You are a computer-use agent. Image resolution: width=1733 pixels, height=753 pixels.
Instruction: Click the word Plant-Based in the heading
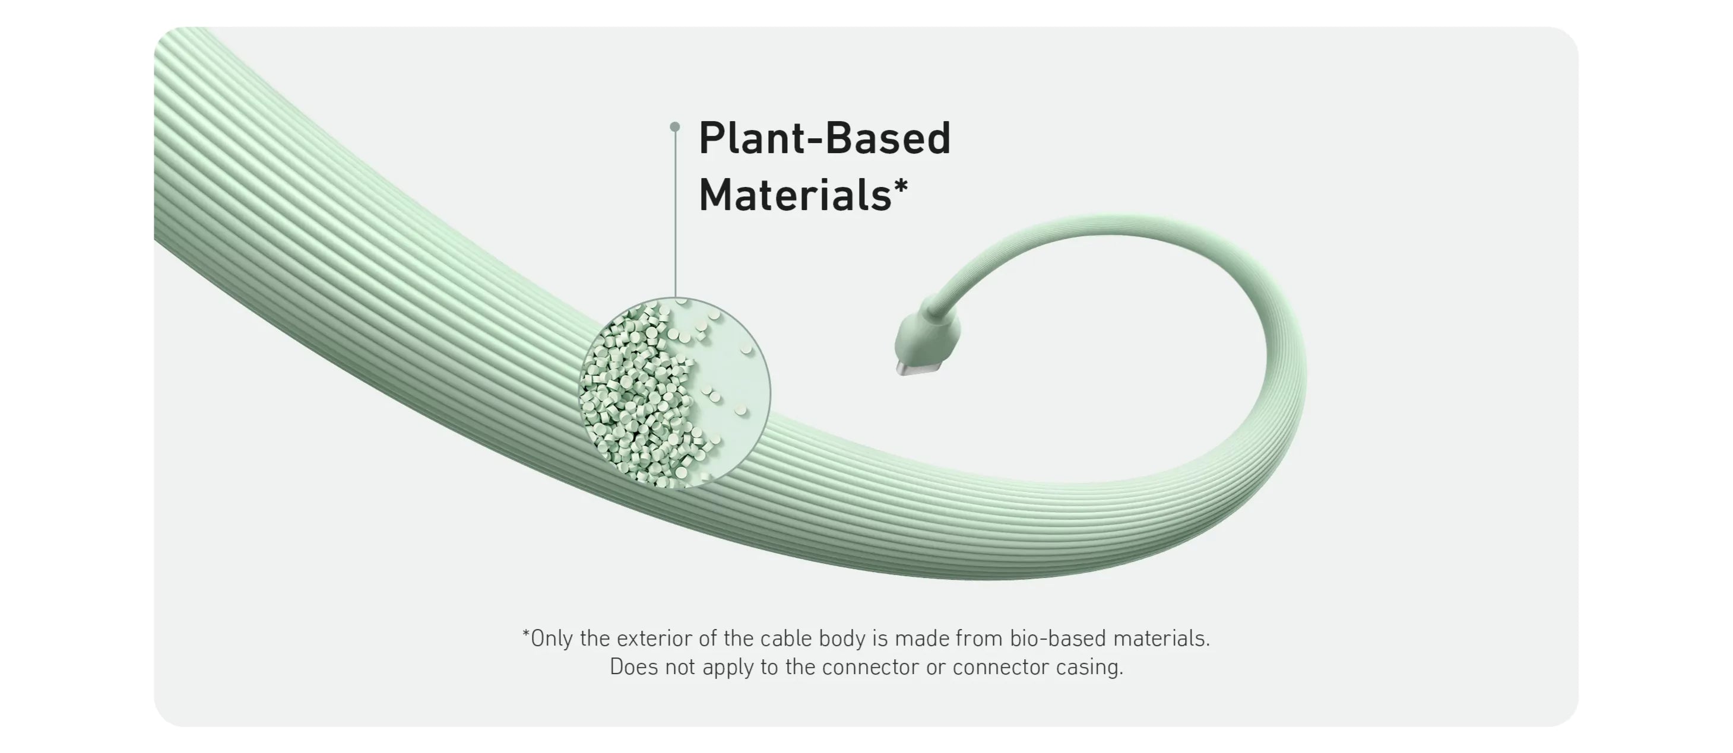825,138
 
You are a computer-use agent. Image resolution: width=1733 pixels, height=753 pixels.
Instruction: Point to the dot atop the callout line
676,126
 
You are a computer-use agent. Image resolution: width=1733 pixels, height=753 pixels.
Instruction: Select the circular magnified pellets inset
676,393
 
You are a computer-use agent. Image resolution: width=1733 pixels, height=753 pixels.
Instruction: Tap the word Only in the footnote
552,638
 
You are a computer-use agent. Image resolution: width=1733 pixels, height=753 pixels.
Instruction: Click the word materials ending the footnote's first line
1162,638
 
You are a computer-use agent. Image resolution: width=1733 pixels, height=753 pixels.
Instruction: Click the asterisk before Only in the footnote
526,633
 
